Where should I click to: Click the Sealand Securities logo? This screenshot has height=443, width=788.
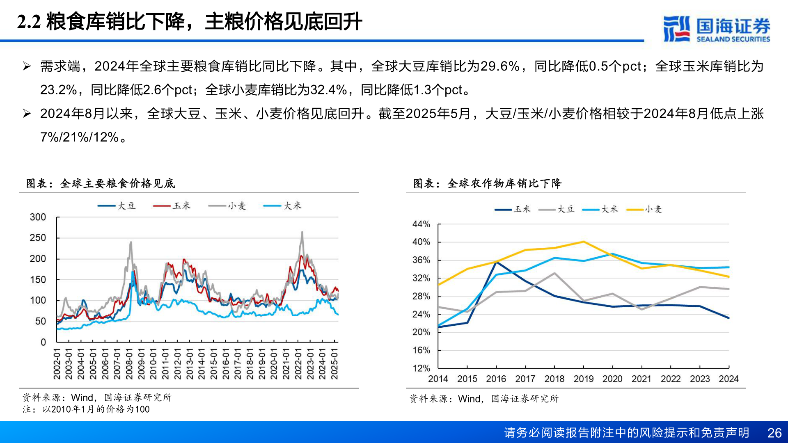click(x=716, y=29)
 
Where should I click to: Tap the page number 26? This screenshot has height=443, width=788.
click(x=774, y=433)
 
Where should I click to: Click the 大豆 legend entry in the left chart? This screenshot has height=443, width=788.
click(x=117, y=206)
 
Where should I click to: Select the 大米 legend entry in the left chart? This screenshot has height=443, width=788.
click(x=283, y=206)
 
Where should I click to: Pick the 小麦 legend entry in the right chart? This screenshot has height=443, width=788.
click(x=645, y=210)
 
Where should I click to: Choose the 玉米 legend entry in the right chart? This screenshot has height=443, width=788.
click(x=513, y=210)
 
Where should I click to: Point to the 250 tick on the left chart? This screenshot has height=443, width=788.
click(x=38, y=238)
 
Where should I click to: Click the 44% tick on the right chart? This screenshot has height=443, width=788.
click(x=421, y=224)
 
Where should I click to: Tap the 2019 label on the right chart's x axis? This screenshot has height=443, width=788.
click(x=583, y=379)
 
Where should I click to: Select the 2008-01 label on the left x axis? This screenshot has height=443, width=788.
click(x=129, y=364)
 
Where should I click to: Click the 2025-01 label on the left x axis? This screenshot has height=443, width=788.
click(x=334, y=364)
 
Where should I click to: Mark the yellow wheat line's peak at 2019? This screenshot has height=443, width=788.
click(x=583, y=242)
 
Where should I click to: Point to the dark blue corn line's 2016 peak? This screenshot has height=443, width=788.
click(x=497, y=262)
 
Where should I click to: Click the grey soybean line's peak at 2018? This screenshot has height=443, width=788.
click(x=554, y=273)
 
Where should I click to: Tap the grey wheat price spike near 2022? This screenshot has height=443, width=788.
click(x=302, y=232)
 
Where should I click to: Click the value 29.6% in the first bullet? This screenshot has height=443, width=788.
click(x=499, y=66)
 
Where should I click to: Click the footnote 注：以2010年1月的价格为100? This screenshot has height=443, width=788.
click(x=86, y=409)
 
